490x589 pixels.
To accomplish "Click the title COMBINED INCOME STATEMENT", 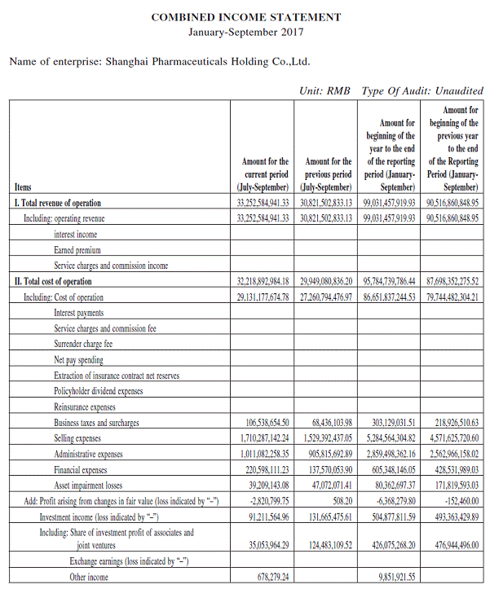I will coord(246,17).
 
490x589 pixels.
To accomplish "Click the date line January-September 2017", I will coord(246,33).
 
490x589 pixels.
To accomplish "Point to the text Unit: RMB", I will coord(326,90).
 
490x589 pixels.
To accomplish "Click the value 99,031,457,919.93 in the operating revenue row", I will coord(388,218).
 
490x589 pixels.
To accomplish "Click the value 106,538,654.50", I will coord(267,423).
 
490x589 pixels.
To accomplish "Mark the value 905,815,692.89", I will coord(327,454).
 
